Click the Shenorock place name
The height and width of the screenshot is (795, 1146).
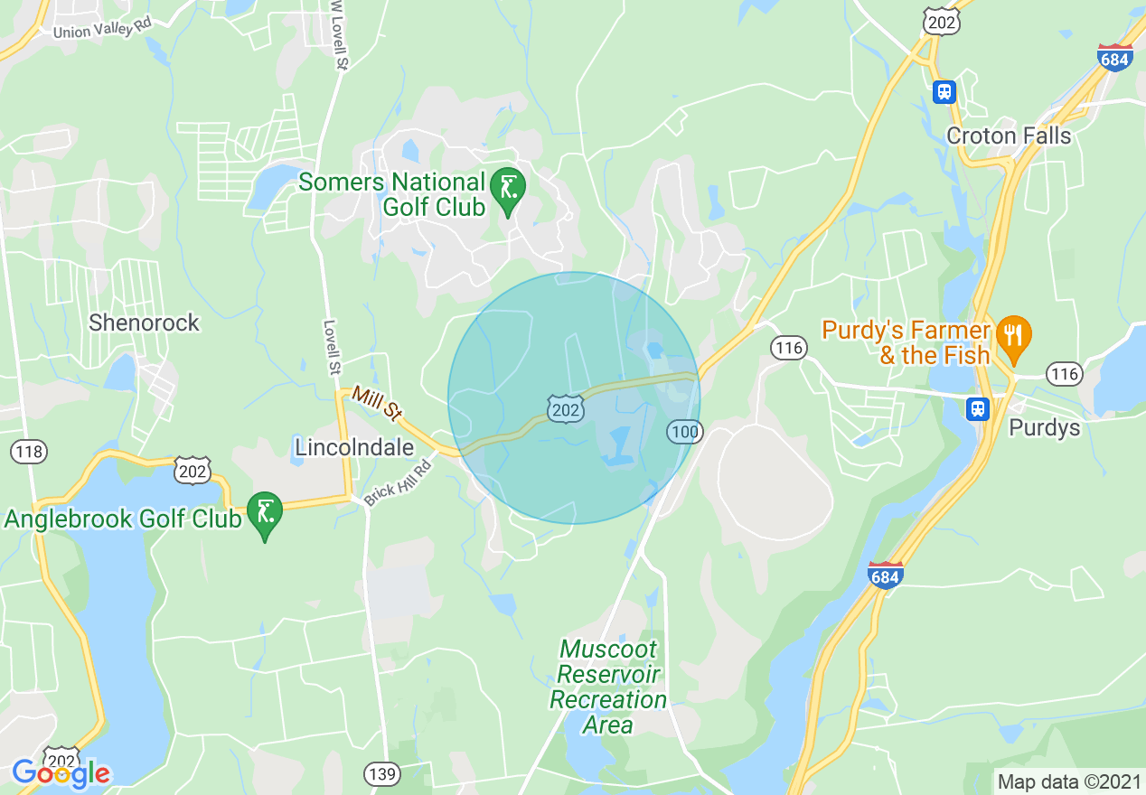[x=144, y=323]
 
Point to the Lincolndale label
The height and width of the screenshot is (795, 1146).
[x=354, y=447]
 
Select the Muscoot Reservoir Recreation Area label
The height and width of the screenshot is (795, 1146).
[x=608, y=687]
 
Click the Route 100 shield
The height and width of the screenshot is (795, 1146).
[x=685, y=432]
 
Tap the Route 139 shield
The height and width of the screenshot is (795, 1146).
[x=381, y=772]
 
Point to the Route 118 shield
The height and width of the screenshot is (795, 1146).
[x=31, y=451]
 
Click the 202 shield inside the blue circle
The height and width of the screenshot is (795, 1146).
[x=565, y=410]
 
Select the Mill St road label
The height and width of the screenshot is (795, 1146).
[x=376, y=403]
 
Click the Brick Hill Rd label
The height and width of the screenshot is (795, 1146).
[x=399, y=480]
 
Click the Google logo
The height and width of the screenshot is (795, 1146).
[x=61, y=773]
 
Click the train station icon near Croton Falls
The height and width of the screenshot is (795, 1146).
[x=944, y=91]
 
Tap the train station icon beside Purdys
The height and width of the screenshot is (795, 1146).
[x=977, y=409]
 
